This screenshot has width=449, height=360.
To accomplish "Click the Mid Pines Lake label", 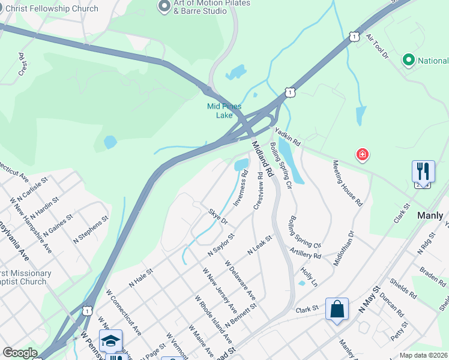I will (x=224, y=110).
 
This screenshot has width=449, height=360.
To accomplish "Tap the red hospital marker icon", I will (x=362, y=155).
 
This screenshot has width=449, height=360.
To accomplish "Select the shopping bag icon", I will (x=337, y=310).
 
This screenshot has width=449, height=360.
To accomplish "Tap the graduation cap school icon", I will (x=110, y=341).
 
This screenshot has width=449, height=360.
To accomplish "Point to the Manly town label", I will (x=433, y=215).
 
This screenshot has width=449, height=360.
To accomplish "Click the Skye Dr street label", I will (x=218, y=217).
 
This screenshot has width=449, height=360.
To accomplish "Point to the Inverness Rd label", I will (x=240, y=188).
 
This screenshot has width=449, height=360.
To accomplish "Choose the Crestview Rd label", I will (x=258, y=191).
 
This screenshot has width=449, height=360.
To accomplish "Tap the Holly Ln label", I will (x=309, y=277).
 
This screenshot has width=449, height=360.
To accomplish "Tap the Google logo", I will (x=20, y=353).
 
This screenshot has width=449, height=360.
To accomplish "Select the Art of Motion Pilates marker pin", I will (x=164, y=7).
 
